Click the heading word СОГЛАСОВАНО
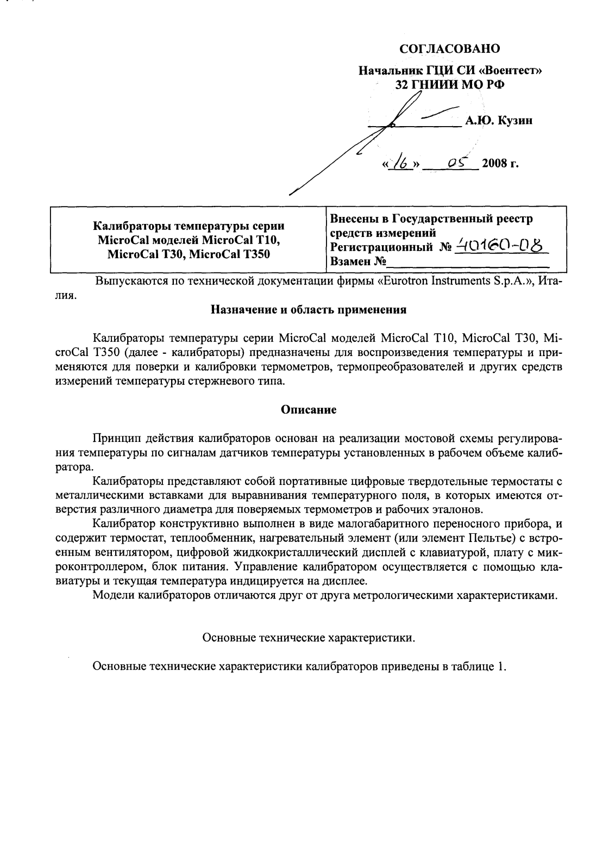coord(449,49)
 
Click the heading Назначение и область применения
coord(309,311)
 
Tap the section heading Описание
coord(308,410)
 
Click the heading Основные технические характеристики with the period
coord(309,638)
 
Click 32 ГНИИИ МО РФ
coord(449,84)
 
